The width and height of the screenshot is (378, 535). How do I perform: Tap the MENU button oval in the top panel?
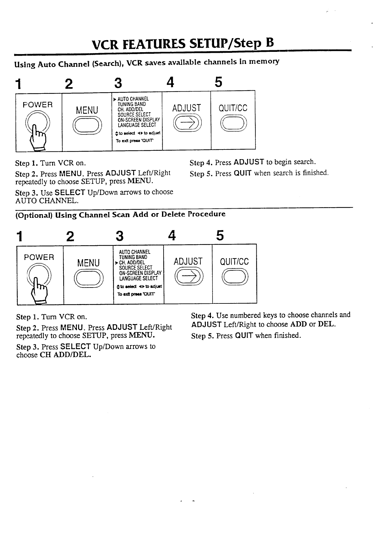click(x=87, y=125)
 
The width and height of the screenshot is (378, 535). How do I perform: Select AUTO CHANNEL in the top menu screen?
click(x=133, y=99)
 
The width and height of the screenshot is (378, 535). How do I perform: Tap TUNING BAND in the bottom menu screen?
click(x=133, y=257)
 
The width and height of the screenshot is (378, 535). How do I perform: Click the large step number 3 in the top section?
click(x=118, y=83)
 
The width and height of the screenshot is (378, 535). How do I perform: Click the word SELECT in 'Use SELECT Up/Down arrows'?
click(x=70, y=193)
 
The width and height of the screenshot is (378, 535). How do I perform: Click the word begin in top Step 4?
click(x=283, y=162)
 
